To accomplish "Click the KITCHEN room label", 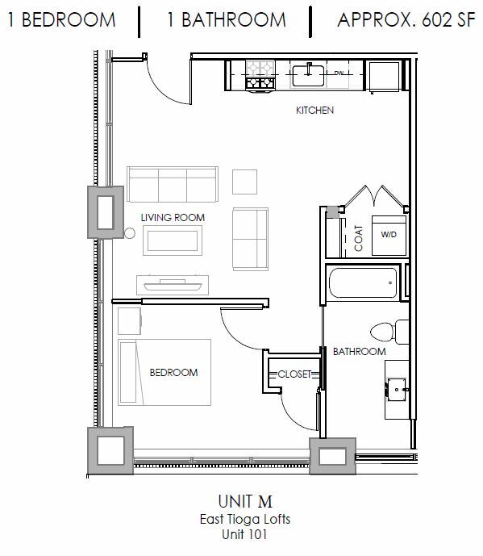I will point(314,111).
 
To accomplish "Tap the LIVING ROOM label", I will point(172,217).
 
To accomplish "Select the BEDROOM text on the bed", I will point(173,372).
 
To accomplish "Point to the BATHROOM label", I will point(360,352).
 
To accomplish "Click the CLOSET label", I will point(294,374).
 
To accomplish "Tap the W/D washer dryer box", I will point(389,235).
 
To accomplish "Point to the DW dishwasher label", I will point(339,73).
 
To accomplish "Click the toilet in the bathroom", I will point(386,331).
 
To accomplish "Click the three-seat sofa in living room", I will point(173,184).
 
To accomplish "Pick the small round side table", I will point(129,234).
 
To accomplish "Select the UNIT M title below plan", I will point(241,504).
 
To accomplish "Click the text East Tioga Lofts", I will point(241,520).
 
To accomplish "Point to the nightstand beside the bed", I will point(129,320).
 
